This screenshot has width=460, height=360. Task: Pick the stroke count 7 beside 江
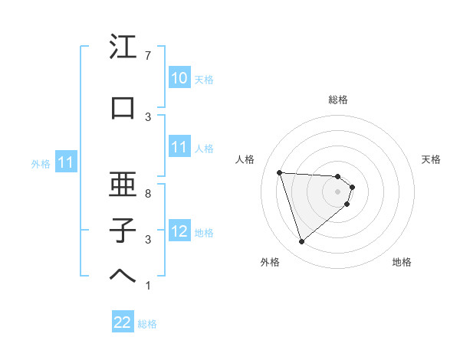(x=147, y=56)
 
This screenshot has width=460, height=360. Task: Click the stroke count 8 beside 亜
(x=147, y=193)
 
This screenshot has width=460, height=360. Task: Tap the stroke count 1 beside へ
(x=147, y=286)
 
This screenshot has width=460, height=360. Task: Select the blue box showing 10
(x=179, y=78)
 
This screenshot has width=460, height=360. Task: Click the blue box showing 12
(x=179, y=231)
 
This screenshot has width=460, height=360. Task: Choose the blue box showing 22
(x=123, y=323)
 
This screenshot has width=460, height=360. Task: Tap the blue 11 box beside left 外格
(x=65, y=162)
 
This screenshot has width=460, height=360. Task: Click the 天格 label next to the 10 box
(x=204, y=80)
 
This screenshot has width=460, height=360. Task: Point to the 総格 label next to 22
(x=147, y=324)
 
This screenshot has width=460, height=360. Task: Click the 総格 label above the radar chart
(x=338, y=100)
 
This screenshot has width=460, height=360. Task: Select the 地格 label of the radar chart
(x=402, y=262)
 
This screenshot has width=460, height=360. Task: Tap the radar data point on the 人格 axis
(x=280, y=172)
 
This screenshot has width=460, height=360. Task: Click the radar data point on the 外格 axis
(x=301, y=242)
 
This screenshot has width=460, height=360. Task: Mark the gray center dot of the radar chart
(x=338, y=191)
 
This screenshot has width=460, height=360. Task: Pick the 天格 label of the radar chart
(x=432, y=159)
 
